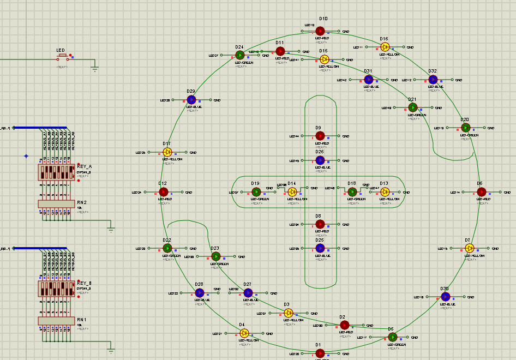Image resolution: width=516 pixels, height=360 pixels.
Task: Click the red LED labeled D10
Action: pyautogui.click(x=320, y=31)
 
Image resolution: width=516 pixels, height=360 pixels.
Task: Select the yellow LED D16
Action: pyautogui.click(x=385, y=47)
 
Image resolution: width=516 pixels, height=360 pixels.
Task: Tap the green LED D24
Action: pyautogui.click(x=240, y=55)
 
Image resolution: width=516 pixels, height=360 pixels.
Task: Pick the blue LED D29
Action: pyautogui.click(x=191, y=100)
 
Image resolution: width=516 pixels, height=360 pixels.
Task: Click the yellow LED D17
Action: pyautogui.click(x=167, y=152)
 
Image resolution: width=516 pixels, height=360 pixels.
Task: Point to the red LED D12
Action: pyautogui.click(x=163, y=192)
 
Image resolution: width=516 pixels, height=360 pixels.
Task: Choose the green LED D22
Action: pyautogui.click(x=167, y=248)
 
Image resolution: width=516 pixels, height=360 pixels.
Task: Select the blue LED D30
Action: pyautogui.click(x=445, y=297)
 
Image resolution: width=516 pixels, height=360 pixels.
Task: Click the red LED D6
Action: pyautogui.click(x=481, y=192)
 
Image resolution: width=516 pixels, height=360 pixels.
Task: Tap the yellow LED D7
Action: pyautogui.click(x=469, y=248)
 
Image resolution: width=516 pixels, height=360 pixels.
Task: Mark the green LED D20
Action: pyautogui.click(x=465, y=128)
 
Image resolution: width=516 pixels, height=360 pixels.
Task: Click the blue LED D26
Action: pyautogui.click(x=320, y=160)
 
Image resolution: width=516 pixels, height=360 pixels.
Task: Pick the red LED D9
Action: pyautogui.click(x=320, y=136)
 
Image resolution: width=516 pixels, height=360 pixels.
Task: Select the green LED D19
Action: pyautogui.click(x=256, y=192)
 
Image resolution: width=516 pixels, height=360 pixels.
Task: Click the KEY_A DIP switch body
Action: pyautogui.click(x=56, y=172)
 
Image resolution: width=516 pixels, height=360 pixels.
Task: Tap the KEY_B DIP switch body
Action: pyautogui.click(x=56, y=289)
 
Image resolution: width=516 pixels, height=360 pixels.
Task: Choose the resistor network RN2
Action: pyautogui.click(x=56, y=203)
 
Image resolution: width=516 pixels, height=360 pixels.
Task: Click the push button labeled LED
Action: pyautogui.click(x=62, y=56)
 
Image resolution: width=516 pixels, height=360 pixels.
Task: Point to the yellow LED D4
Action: pyautogui.click(x=244, y=333)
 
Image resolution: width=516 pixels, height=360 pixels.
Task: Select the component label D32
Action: pyautogui.click(x=433, y=71)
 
